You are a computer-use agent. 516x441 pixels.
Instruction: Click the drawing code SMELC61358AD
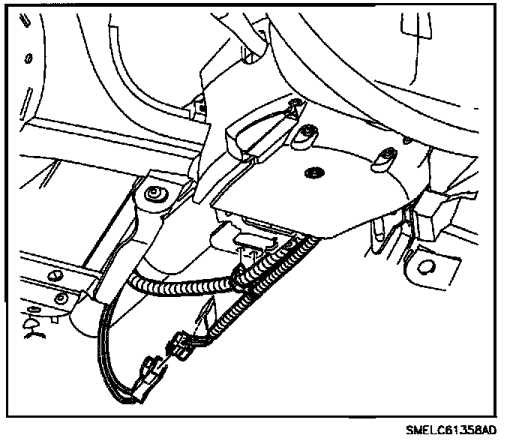451,430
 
